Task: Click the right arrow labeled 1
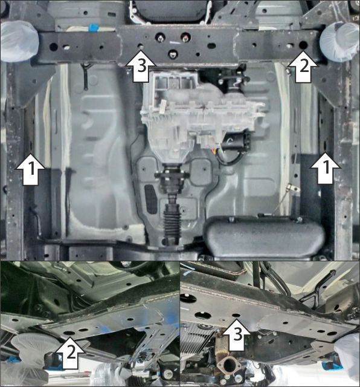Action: pyautogui.click(x=324, y=169)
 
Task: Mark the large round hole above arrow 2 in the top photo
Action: pyautogui.click(x=303, y=45)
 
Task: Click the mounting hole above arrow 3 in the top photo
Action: pyautogui.click(x=140, y=46)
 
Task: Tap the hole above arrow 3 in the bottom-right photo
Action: pyautogui.click(x=236, y=316)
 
